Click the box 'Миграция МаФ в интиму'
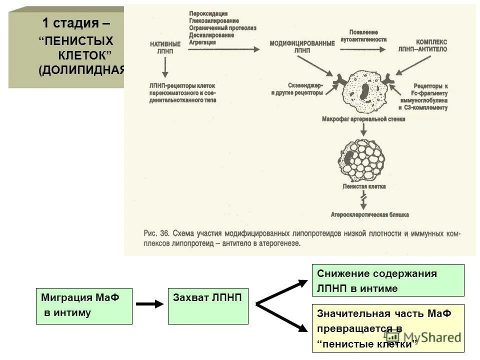point(84,306)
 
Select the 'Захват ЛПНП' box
point(207,306)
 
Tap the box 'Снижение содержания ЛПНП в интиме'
point(388,280)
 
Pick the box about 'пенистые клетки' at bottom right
point(388,328)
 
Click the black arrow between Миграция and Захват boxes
point(150,303)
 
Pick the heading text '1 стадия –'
point(76,23)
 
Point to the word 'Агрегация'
point(202,42)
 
